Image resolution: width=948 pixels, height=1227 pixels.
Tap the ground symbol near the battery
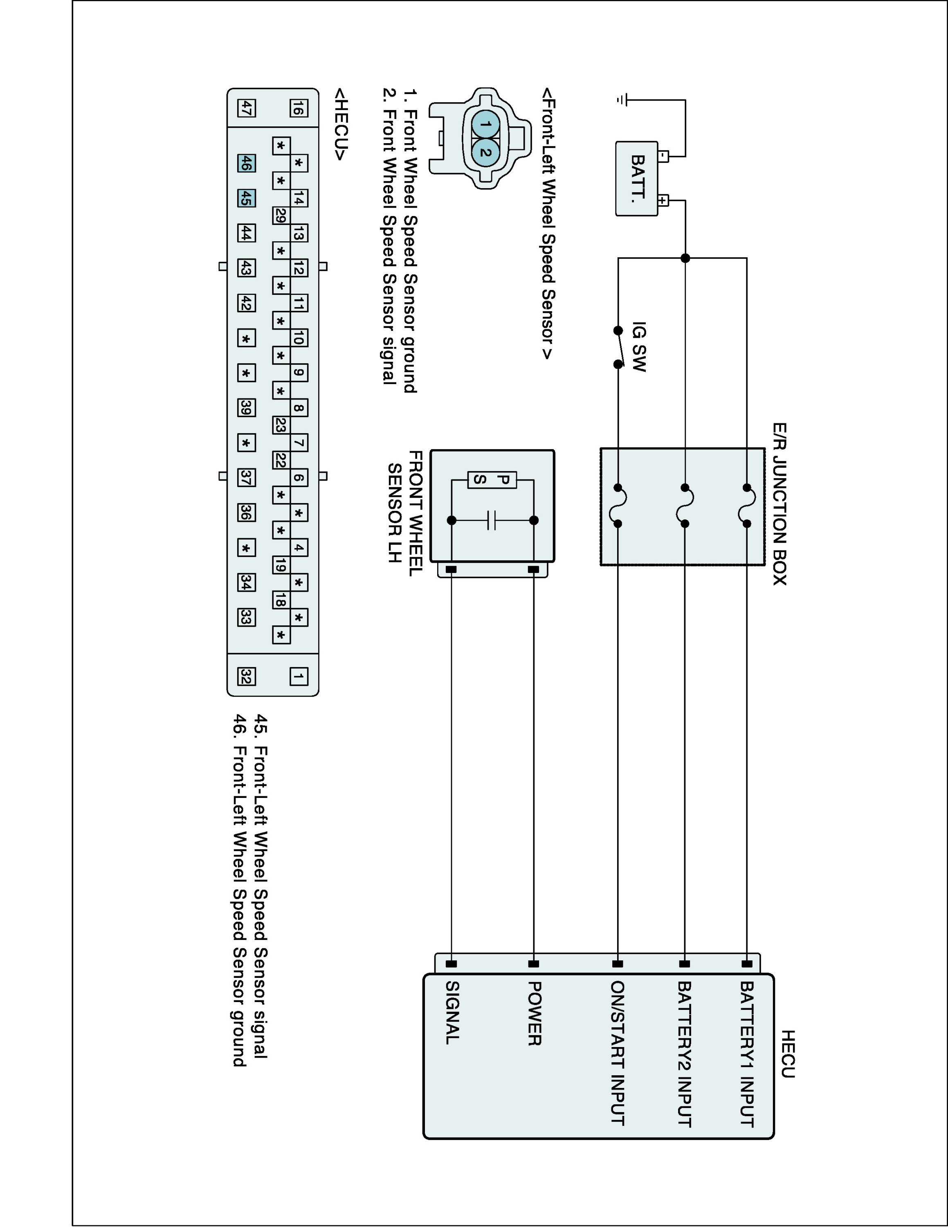click(x=621, y=100)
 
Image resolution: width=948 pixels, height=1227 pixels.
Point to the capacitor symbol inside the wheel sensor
click(x=492, y=520)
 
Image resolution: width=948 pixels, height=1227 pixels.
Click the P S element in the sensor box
click(x=492, y=480)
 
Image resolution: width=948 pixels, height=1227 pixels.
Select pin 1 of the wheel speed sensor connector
click(x=486, y=124)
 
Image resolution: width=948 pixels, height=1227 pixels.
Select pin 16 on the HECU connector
click(x=298, y=108)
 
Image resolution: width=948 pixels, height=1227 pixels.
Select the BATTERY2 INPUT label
click(x=684, y=1054)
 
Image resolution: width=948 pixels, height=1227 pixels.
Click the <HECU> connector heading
click(x=341, y=124)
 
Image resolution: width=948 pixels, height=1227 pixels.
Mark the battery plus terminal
click(x=663, y=200)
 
